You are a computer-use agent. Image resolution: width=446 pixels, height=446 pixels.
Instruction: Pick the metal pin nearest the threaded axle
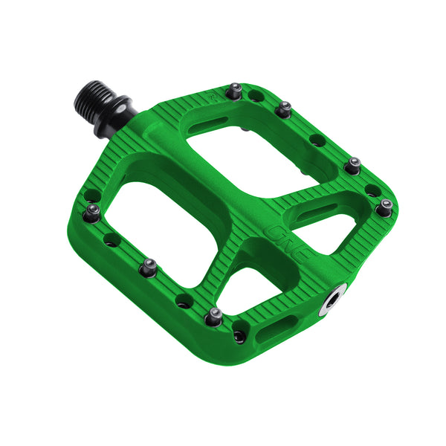(235, 90)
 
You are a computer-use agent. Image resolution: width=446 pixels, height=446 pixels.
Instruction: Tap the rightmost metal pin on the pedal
(384, 207)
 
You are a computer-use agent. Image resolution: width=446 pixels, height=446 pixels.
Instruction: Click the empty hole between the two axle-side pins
(256, 96)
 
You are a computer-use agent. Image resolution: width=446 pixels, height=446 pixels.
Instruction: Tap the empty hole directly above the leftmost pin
(91, 195)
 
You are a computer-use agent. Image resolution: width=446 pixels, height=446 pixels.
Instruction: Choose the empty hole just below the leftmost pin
(111, 239)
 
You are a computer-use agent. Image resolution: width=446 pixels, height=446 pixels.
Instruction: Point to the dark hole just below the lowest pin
(239, 335)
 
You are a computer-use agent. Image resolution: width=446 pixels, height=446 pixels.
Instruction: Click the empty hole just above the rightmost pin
(372, 190)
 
